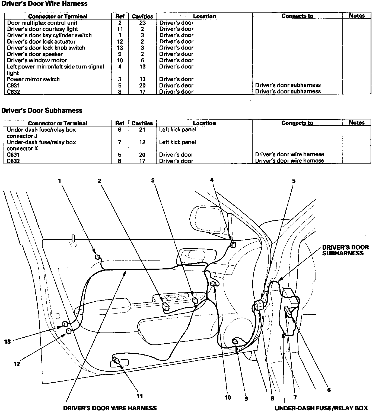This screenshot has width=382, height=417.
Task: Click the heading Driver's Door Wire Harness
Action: pos(44,4)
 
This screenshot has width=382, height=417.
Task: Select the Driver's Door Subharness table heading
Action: pos(42,110)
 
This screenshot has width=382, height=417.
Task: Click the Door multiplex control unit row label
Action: pos(42,23)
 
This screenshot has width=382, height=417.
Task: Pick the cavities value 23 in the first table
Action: pos(142,23)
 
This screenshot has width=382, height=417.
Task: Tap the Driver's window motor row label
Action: pos(37,60)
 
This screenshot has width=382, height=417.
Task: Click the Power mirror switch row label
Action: pos(33,79)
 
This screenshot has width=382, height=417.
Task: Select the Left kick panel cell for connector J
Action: pos(177,130)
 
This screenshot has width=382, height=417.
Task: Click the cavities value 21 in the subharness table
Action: pos(142,130)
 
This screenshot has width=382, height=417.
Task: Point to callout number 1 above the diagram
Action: pos(60,181)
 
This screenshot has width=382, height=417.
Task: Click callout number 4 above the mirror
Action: pos(212,180)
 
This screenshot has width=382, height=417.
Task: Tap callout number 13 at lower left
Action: pos(7,341)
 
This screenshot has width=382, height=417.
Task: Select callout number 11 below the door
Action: pos(139,396)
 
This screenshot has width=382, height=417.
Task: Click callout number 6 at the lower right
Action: pos(329,390)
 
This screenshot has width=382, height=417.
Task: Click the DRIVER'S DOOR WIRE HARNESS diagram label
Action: pos(110,408)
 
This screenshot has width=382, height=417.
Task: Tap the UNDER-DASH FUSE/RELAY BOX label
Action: pos(321,408)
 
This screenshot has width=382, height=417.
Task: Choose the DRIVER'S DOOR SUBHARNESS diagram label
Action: pos(345,250)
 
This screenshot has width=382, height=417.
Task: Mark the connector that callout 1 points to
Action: pos(97,257)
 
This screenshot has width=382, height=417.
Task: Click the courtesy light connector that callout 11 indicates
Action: pos(116,361)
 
